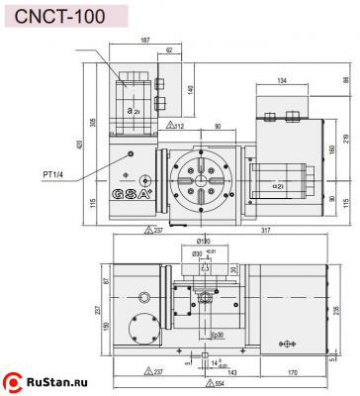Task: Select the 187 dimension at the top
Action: point(145,41)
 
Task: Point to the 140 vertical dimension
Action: point(189,90)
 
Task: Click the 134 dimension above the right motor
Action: point(282,80)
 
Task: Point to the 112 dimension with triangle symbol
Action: point(177,126)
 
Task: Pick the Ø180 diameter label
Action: point(204,240)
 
